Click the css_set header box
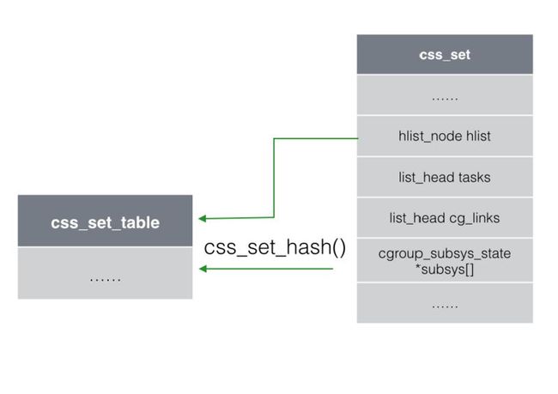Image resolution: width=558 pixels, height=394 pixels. click(445, 54)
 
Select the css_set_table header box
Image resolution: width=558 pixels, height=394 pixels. click(105, 221)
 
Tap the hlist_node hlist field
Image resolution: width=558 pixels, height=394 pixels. click(445, 136)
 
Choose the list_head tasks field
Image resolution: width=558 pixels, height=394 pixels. click(445, 177)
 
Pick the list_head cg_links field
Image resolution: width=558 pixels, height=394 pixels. click(445, 218)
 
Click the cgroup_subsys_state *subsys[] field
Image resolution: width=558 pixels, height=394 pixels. click(445, 261)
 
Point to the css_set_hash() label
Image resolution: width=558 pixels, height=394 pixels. click(275, 247)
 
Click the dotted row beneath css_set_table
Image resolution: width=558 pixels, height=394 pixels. click(105, 273)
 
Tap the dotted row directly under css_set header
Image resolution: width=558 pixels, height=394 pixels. click(445, 94)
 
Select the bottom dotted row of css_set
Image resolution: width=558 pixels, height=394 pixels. click(445, 303)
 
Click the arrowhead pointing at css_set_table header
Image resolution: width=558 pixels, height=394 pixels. click(202, 218)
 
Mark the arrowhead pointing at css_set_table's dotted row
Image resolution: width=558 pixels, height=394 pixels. click(203, 269)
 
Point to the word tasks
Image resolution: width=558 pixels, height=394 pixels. click(475, 177)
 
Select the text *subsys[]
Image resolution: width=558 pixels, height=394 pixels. click(445, 270)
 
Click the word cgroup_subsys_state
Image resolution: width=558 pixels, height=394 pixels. click(445, 254)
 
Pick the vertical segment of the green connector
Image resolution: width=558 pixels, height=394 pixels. click(274, 178)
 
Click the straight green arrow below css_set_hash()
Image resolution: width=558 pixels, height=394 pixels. click(266, 269)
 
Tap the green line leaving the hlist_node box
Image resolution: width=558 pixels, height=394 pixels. click(316, 138)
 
